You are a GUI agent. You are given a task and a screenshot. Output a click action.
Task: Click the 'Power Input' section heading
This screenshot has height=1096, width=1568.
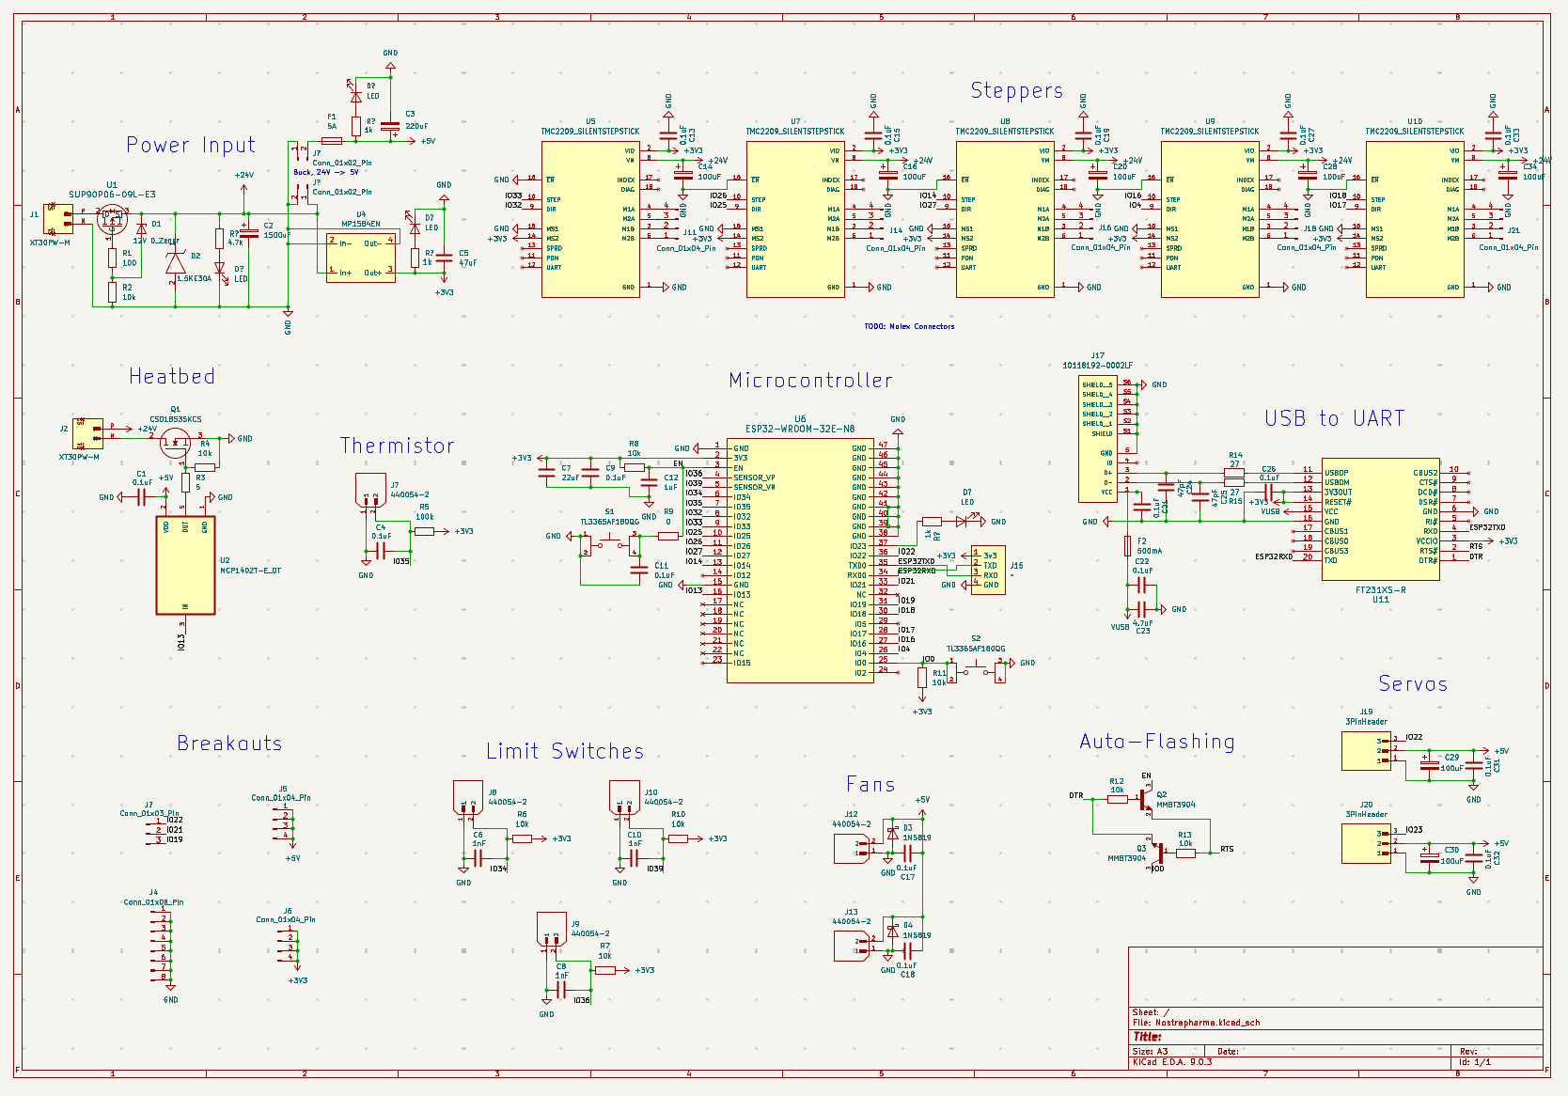point(191,145)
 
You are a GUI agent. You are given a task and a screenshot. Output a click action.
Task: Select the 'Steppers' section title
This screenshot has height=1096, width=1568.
point(1016,90)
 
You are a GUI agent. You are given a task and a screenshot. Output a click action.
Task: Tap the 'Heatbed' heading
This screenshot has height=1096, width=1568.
point(172,376)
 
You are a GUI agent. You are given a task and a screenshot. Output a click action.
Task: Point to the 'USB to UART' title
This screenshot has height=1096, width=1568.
point(1334,418)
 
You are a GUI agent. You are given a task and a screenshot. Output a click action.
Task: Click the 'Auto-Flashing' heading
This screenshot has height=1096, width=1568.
point(1157,741)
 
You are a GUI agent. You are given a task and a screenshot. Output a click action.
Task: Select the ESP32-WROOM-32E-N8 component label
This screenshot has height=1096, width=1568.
point(799,429)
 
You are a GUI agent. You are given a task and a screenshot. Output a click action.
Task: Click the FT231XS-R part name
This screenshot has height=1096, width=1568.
point(1380,590)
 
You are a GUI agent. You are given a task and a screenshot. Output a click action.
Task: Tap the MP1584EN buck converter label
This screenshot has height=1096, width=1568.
point(361,224)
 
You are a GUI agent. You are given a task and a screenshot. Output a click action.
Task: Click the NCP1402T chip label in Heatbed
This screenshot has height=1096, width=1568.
point(250,571)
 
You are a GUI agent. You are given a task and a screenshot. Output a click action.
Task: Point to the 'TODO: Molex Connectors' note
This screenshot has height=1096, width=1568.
point(909,326)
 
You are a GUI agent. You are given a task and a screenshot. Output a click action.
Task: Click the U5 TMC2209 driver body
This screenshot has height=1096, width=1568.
point(590,219)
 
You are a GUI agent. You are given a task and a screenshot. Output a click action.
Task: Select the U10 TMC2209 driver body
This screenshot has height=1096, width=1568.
point(1414,219)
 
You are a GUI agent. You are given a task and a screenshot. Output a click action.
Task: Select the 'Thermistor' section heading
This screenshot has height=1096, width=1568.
point(397,446)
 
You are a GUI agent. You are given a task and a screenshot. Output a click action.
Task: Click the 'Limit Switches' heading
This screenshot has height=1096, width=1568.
point(565,751)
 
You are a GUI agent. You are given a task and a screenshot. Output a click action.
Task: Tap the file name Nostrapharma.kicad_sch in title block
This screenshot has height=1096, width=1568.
point(1207,1022)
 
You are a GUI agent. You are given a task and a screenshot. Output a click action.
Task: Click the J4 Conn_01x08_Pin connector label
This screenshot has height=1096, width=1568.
point(153,901)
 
